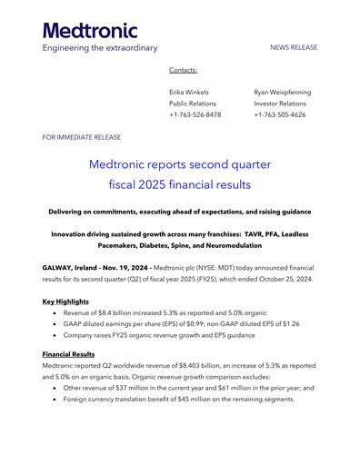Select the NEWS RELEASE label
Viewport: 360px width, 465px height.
(294, 47)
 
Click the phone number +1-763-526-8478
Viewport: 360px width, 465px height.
(195, 115)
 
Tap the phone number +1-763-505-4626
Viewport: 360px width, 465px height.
(279, 115)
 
